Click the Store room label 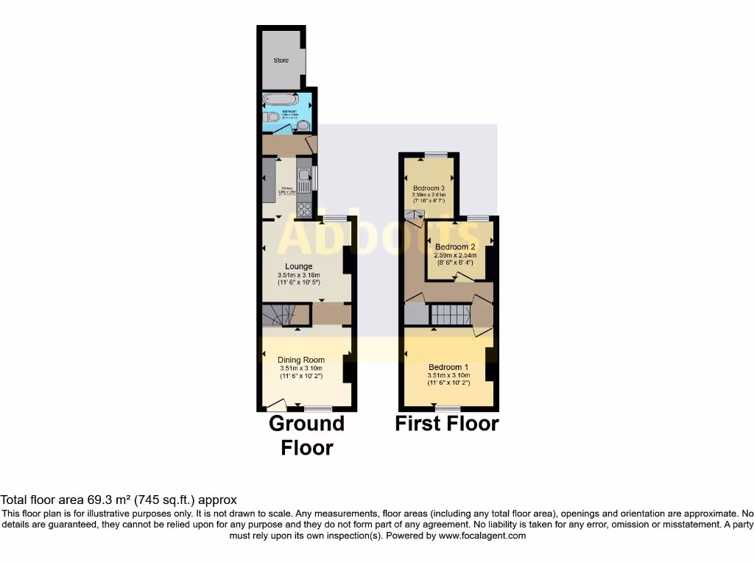[x=281, y=60]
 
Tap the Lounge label [x=299, y=266]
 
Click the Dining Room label [x=301, y=360]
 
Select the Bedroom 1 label [x=448, y=367]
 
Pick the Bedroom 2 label [x=454, y=246]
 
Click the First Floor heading [x=447, y=424]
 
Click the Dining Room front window [x=318, y=408]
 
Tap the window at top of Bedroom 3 [x=435, y=154]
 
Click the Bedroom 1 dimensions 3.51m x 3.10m [x=448, y=375]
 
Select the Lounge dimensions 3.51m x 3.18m [x=299, y=275]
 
